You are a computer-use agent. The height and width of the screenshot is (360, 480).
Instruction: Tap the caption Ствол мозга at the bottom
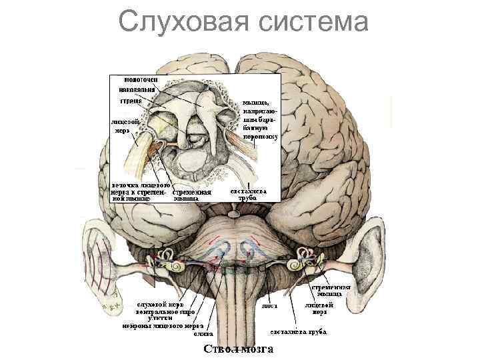242,350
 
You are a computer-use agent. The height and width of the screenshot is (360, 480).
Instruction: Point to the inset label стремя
130,101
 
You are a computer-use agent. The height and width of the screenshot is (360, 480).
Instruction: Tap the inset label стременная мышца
192,194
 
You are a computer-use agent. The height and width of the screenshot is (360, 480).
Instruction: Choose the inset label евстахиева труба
249,194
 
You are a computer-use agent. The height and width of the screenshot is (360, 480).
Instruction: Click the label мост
269,306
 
